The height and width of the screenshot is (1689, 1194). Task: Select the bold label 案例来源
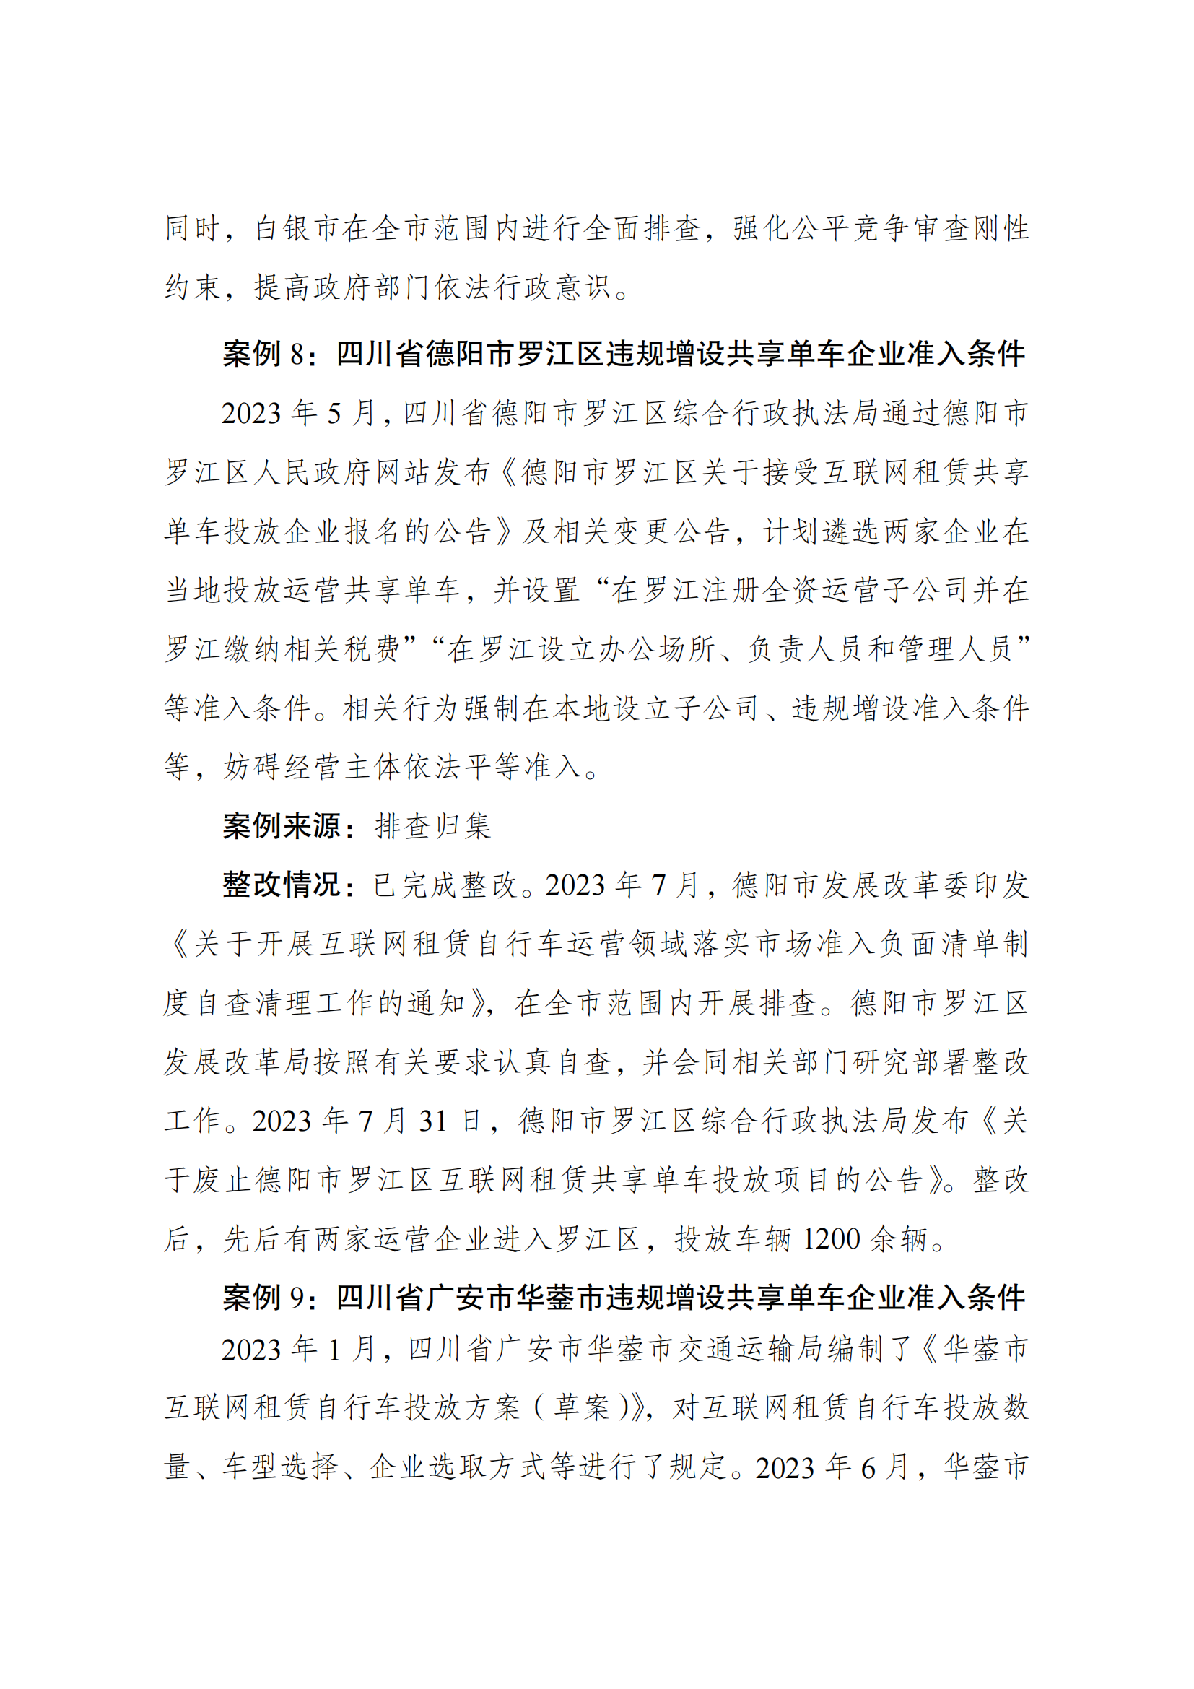[282, 826]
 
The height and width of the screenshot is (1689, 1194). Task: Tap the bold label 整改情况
[282, 885]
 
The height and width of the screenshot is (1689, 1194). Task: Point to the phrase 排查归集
[433, 826]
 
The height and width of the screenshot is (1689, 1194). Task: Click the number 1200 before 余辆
[831, 1240]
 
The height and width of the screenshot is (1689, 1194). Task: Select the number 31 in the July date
[433, 1122]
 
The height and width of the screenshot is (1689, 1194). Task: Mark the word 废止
[224, 1181]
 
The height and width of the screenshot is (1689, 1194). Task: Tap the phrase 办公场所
[655, 649]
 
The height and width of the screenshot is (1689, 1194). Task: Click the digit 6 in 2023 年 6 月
[868, 1468]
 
